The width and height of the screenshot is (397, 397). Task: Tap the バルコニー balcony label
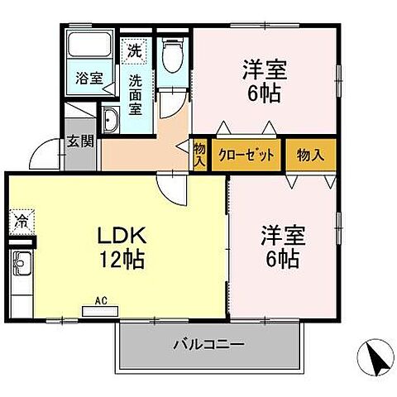pos(208,343)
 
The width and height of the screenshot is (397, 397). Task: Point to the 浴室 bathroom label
pos(89,79)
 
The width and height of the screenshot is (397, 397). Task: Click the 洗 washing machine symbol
pos(134,50)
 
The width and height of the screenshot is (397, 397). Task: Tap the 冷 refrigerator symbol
pos(20,221)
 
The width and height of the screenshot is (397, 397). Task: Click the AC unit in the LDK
pos(101,310)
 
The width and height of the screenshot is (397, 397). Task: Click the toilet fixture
pos(172,55)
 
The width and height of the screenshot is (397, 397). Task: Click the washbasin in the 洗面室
pos(110,121)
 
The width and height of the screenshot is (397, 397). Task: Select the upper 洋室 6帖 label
pos(264,79)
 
